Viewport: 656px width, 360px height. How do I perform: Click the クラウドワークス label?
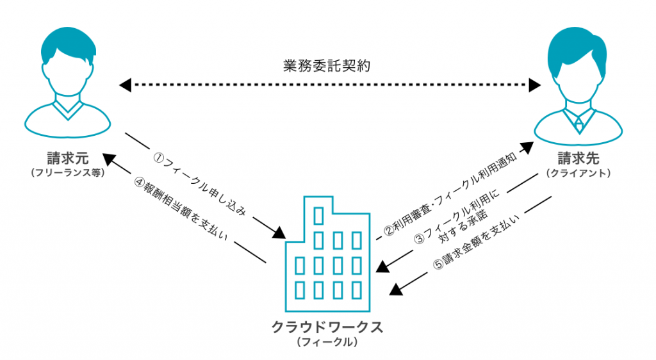pos(327,327)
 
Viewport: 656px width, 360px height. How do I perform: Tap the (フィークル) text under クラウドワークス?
pos(327,343)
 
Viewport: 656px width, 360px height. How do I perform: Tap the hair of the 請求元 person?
pos(67,45)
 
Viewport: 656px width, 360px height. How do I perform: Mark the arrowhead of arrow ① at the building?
pos(279,233)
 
